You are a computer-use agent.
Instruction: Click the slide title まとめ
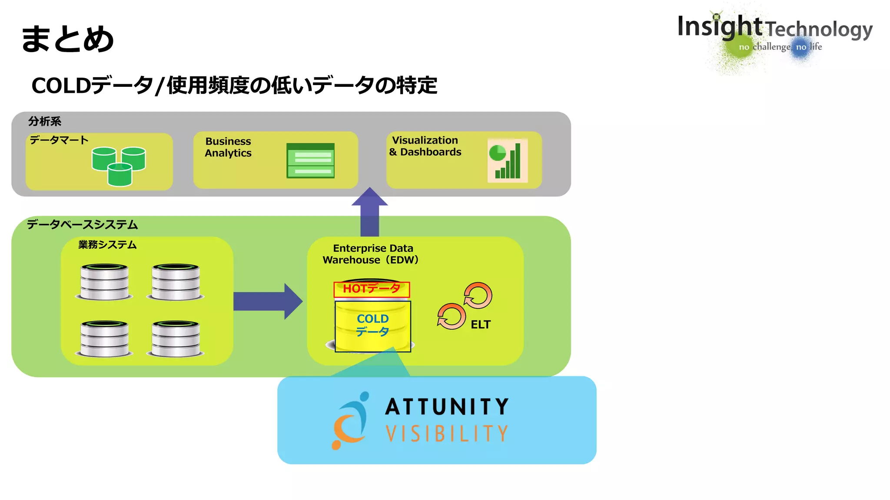(x=68, y=39)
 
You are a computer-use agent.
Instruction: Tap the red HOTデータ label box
(x=372, y=289)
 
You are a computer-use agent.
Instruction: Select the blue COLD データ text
(x=372, y=325)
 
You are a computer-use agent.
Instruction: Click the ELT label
(x=480, y=325)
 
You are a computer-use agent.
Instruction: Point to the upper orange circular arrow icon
(x=478, y=296)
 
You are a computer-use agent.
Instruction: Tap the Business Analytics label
(x=228, y=147)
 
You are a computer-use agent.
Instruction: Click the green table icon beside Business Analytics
(x=310, y=161)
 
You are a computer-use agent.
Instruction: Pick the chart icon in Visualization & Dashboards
(x=507, y=161)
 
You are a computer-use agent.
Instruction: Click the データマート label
(x=59, y=140)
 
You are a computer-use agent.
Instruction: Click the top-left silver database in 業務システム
(x=104, y=282)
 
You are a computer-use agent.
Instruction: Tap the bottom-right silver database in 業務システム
(x=176, y=339)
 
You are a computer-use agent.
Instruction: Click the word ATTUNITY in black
(x=447, y=407)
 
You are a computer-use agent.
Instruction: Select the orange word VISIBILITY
(x=447, y=433)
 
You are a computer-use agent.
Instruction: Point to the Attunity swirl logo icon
(x=351, y=421)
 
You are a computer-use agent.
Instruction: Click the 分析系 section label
(x=45, y=121)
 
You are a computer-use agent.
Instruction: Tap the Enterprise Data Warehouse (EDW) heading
(x=372, y=254)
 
